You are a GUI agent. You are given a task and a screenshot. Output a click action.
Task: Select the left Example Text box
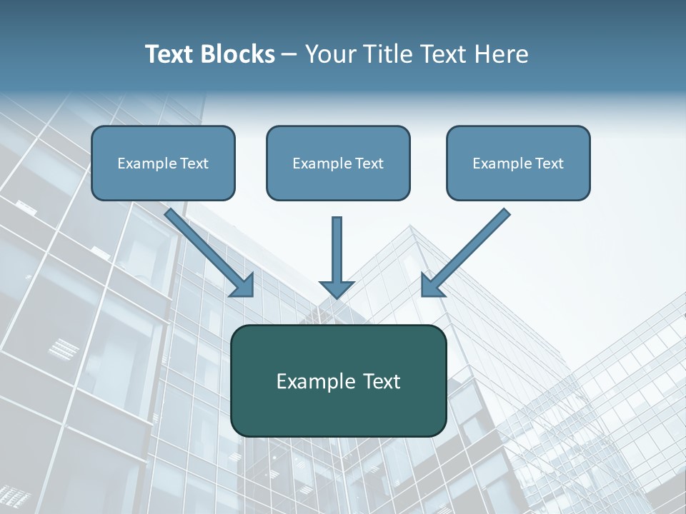tap(163, 163)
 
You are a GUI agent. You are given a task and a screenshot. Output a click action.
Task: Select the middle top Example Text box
tap(338, 163)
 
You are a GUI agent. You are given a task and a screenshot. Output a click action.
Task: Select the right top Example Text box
tap(518, 163)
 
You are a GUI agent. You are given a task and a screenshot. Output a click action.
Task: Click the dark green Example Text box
tap(338, 381)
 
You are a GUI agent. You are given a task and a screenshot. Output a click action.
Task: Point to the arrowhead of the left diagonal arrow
tap(243, 286)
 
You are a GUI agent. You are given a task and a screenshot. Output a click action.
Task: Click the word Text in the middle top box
tap(369, 163)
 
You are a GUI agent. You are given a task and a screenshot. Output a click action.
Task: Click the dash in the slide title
tap(289, 54)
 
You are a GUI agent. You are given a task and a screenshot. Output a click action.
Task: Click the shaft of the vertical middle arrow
tap(337, 246)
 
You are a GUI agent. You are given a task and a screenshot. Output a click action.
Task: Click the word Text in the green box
tap(380, 381)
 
